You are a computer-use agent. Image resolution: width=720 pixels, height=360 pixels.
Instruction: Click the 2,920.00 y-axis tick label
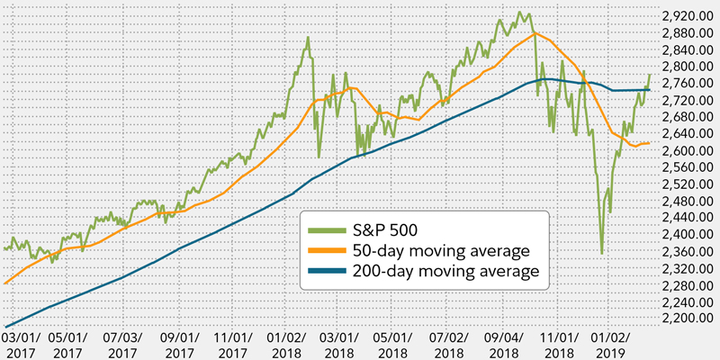click(687, 16)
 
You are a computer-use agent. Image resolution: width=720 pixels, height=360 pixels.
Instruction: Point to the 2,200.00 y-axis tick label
click(687, 319)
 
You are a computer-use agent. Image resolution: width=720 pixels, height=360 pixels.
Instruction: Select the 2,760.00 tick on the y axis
click(687, 84)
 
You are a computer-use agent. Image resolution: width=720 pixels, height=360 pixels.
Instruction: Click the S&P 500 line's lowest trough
click(602, 254)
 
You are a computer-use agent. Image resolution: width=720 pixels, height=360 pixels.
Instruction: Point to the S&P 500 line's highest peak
click(522, 12)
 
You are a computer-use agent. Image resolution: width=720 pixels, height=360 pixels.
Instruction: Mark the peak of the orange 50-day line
click(536, 33)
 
